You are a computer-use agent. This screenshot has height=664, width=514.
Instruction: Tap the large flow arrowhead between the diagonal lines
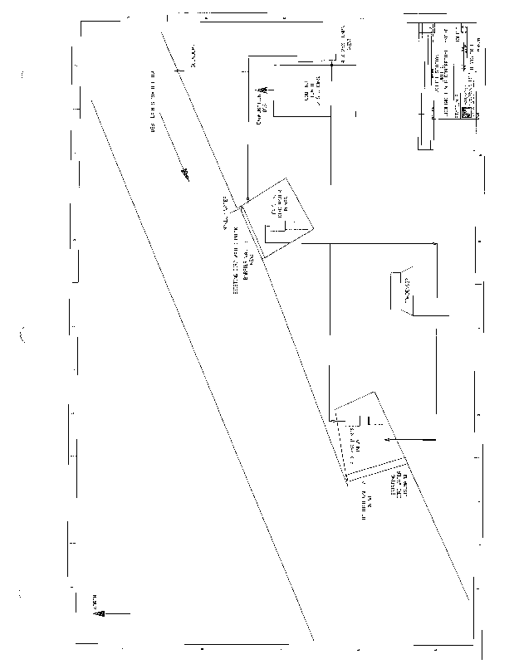(185, 173)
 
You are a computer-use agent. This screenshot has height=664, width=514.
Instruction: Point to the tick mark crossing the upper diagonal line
(179, 73)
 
